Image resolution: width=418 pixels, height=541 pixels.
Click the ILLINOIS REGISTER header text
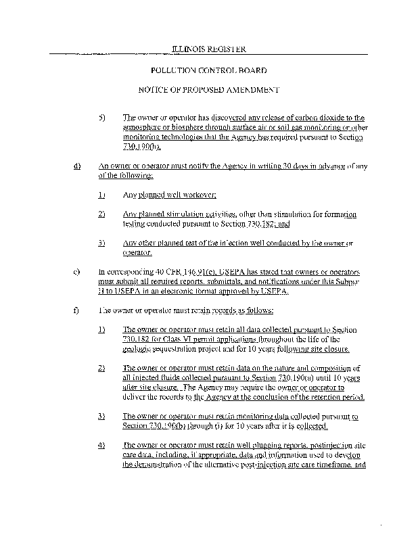tap(208, 49)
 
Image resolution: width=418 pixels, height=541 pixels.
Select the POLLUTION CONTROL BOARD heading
tap(208, 70)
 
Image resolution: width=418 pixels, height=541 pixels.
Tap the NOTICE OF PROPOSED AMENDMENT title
tap(208, 89)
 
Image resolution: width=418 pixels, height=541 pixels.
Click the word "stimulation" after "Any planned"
tap(174, 214)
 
